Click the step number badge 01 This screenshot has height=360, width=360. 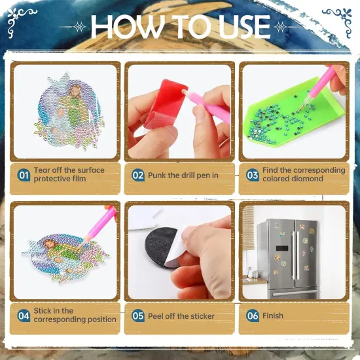(x=24, y=175)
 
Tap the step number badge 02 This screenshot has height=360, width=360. (x=138, y=175)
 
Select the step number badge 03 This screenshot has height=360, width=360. (x=253, y=175)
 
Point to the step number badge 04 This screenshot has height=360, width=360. (x=24, y=315)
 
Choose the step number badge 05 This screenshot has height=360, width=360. (x=138, y=315)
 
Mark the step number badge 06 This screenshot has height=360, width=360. (x=253, y=315)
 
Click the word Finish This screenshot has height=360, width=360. (x=273, y=315)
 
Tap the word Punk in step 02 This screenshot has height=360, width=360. (x=157, y=175)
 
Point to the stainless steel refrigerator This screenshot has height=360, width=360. (x=287, y=259)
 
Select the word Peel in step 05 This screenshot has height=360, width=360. (x=156, y=316)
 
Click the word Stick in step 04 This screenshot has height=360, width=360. (x=43, y=311)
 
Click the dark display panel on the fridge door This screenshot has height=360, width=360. (x=282, y=248)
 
